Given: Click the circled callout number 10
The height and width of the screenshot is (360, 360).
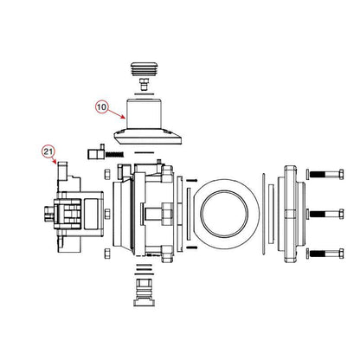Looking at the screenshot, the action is pos(101,107).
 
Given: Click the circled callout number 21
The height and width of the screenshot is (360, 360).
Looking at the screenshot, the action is pos(48,151).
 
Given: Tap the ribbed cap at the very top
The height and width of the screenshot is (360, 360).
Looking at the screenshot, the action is pos(144,68).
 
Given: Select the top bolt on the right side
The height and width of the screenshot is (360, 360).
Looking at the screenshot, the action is pos(325,174).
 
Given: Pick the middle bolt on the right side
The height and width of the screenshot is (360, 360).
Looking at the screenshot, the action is pos(325,214).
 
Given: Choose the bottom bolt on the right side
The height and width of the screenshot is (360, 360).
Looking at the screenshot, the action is pos(325,254).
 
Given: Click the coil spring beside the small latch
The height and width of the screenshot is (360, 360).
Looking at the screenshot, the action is pos(114,155).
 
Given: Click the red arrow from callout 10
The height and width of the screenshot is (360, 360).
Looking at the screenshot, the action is pos(116,113).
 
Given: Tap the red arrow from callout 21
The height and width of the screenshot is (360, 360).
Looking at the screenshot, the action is pos(54,160).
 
